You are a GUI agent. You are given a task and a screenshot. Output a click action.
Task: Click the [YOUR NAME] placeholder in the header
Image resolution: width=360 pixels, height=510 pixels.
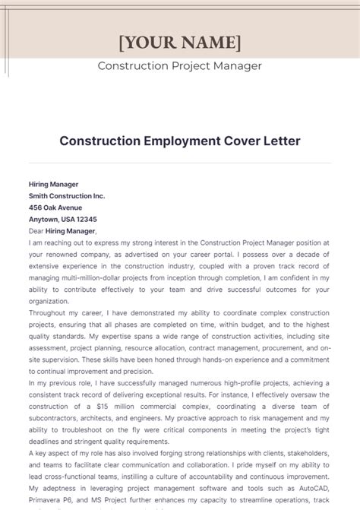[x=180, y=41]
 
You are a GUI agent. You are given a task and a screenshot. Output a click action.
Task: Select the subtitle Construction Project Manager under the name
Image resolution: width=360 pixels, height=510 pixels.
[x=180, y=66]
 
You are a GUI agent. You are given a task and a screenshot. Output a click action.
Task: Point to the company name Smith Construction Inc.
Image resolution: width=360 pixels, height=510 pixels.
[x=67, y=195]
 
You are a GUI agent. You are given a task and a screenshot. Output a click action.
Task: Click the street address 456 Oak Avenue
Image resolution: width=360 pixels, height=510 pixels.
[x=55, y=207]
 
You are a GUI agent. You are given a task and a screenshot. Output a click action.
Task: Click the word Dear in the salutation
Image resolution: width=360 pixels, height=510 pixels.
[x=37, y=230]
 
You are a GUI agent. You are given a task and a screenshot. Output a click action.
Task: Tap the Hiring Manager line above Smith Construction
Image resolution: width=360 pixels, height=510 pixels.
[x=53, y=184]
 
